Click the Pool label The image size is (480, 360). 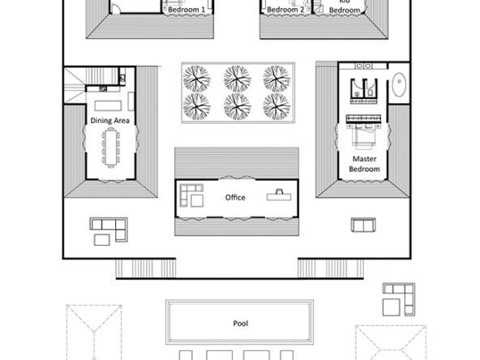(x=241, y=324)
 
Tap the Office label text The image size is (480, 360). (x=235, y=198)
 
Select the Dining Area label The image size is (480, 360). (x=110, y=121)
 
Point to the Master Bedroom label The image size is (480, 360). (x=364, y=164)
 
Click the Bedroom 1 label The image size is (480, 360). (x=186, y=10)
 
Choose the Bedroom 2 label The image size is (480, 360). (x=285, y=10)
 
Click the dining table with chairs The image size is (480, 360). (x=110, y=148)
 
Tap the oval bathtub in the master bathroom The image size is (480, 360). (x=399, y=84)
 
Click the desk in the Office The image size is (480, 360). (x=279, y=196)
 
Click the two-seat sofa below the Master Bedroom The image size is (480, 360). (x=363, y=225)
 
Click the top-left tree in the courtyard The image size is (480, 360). (x=196, y=79)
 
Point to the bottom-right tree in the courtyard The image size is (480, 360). (x=276, y=106)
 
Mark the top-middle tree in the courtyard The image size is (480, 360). (x=237, y=79)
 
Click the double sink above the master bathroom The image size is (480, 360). (x=363, y=66)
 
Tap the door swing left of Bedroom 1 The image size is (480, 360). (x=115, y=9)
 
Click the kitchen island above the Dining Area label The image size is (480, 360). (x=108, y=105)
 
